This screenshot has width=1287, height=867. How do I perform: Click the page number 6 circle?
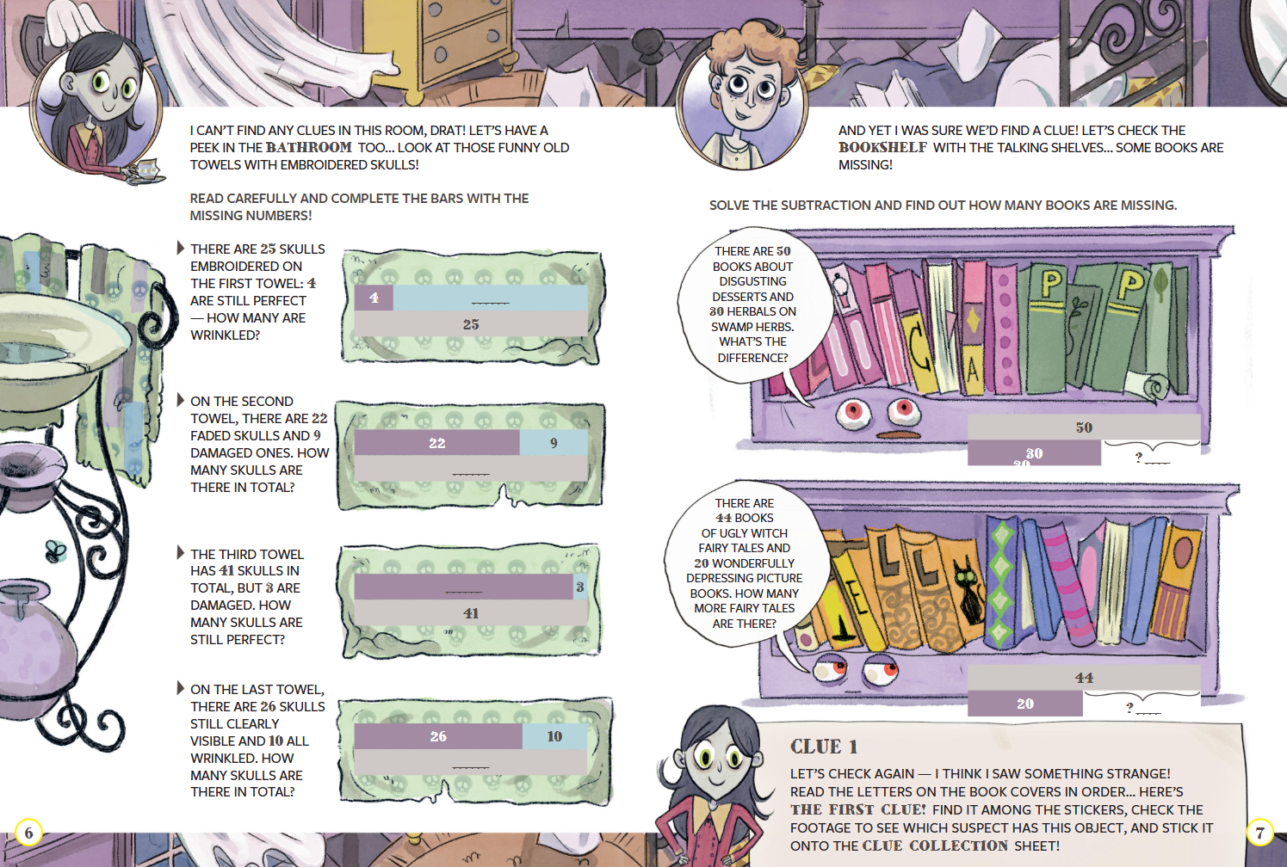coord(28,832)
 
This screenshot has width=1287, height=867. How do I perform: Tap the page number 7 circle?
coord(1259,833)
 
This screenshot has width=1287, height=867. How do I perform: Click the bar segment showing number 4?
coord(374,298)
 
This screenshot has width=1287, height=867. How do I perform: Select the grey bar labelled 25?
coord(471,323)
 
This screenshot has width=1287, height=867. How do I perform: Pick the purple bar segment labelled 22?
coord(436,443)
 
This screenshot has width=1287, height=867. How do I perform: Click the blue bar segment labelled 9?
coord(554,443)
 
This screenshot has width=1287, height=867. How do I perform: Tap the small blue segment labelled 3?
coord(580,587)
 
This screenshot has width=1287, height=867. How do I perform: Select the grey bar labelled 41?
coord(471,612)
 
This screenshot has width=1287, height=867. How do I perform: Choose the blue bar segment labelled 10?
coord(554,736)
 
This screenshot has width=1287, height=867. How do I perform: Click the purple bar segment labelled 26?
coord(438,736)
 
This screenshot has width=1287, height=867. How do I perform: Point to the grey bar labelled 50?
coord(1084,427)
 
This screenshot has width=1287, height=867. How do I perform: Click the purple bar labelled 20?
coord(1025,704)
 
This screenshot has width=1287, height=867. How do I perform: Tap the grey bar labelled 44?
coord(1084,678)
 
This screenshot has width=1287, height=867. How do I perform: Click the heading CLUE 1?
coord(824,747)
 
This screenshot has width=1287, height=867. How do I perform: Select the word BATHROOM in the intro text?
coord(309,148)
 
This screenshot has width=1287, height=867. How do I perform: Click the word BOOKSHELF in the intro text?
coord(882,148)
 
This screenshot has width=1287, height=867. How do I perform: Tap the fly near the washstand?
coord(56,550)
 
